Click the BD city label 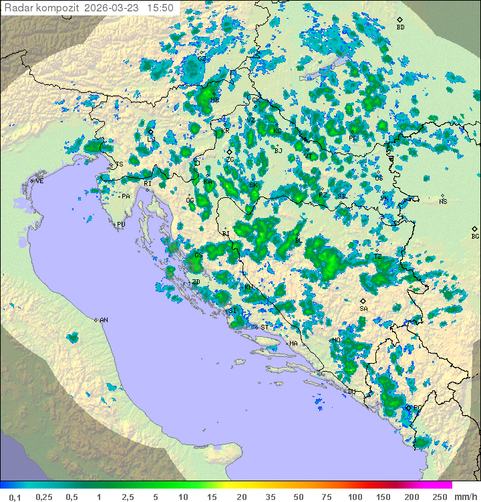(x=400, y=27)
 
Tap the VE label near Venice (x=39, y=181)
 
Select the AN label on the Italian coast (x=104, y=320)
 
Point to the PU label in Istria (x=121, y=225)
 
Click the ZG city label (x=230, y=160)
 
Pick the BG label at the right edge (x=475, y=236)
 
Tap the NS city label (x=443, y=202)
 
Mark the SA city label (x=363, y=309)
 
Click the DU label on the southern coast (x=351, y=392)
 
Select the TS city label (x=120, y=164)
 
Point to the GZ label (x=201, y=59)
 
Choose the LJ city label (x=151, y=139)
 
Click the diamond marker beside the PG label (x=408, y=407)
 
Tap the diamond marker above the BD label (x=399, y=20)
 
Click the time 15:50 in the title (x=160, y=8)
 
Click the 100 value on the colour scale (x=355, y=497)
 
